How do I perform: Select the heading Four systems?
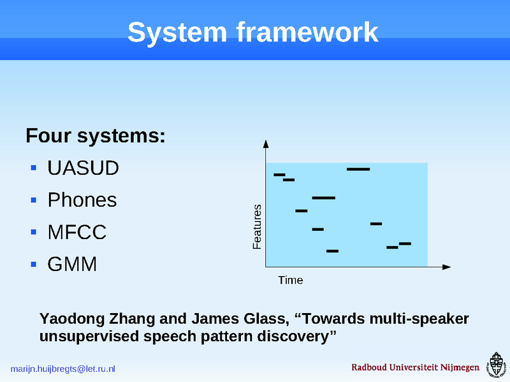coord(96,136)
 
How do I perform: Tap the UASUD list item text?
coord(83,169)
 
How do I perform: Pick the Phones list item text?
coord(82,200)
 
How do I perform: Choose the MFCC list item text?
coord(76,232)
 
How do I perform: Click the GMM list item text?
coord(72,263)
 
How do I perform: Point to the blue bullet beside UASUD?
coord(34,169)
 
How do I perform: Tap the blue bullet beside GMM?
coord(34,263)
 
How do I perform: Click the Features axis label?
coord(258,226)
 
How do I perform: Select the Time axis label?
coord(290,280)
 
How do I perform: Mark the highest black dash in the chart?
coord(358,169)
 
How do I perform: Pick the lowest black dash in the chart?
coord(332,251)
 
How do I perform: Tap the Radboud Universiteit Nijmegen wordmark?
coord(415,368)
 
